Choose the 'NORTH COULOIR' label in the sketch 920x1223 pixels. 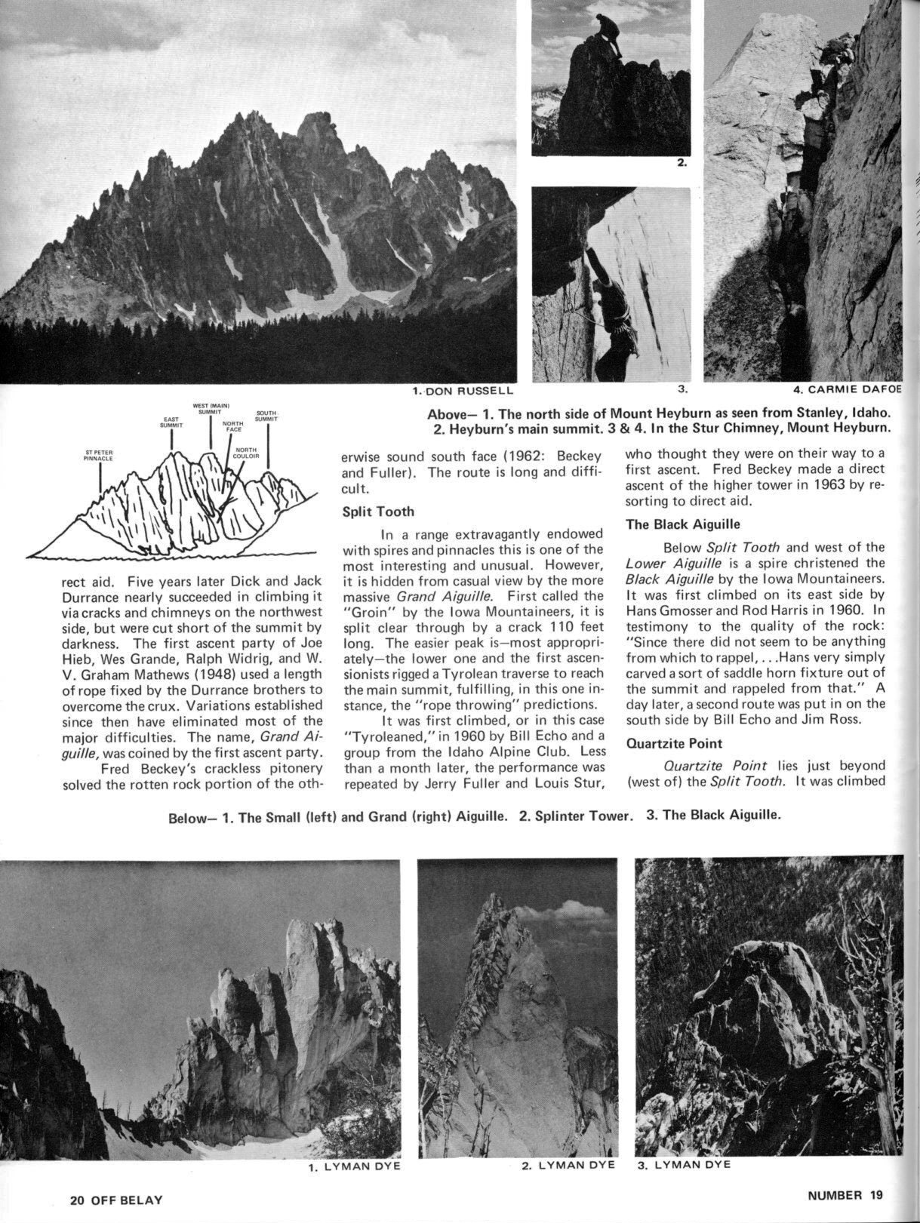pos(247,454)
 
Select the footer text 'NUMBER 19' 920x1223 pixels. pos(845,1195)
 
